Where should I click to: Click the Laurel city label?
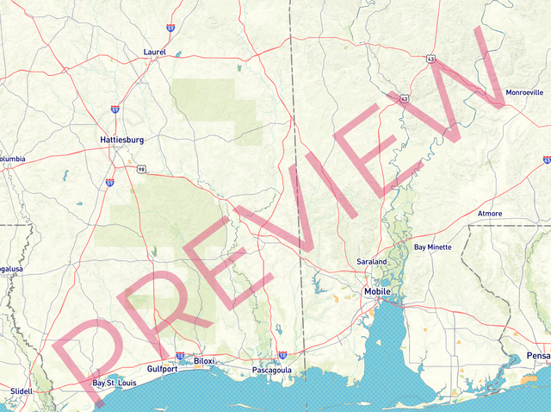click(x=154, y=53)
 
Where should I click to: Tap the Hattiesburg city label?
click(x=121, y=140)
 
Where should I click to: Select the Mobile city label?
click(x=377, y=291)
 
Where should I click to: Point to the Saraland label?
click(x=372, y=261)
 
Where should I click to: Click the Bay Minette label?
click(x=432, y=247)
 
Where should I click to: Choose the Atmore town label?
click(x=489, y=214)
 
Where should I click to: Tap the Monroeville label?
click(x=524, y=92)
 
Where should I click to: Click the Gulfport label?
click(x=162, y=369)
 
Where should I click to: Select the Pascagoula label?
click(x=272, y=371)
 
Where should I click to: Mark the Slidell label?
click(x=21, y=390)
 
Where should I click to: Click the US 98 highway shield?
click(x=140, y=170)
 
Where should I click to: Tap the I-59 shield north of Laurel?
click(x=170, y=28)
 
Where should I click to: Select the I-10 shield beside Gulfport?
click(x=180, y=355)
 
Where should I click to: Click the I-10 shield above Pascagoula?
click(x=282, y=355)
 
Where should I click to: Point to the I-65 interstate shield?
click(x=547, y=159)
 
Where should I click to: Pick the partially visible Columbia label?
click(x=12, y=159)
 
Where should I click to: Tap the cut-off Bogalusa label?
click(x=11, y=269)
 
